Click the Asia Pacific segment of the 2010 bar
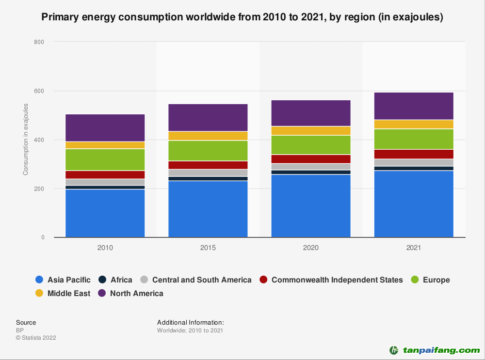[x=105, y=213]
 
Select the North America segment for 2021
[x=414, y=106]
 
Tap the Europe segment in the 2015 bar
[x=208, y=150]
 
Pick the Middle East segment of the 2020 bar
[x=311, y=131]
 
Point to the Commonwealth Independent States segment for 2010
[x=105, y=175]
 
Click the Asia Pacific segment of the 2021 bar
[x=414, y=204]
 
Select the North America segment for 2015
[x=208, y=117]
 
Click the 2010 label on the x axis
[x=105, y=248]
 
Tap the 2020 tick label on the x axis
[x=311, y=248]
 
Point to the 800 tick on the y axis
[x=39, y=42]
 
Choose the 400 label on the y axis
[x=39, y=140]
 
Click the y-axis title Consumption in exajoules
[x=26, y=140]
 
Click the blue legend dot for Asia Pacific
[x=40, y=280]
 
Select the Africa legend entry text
[x=121, y=280]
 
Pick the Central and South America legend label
[x=202, y=280]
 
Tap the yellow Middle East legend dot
[x=40, y=293]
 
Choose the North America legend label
[x=137, y=293]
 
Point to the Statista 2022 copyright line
[x=36, y=338]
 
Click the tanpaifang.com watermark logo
[x=435, y=350]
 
